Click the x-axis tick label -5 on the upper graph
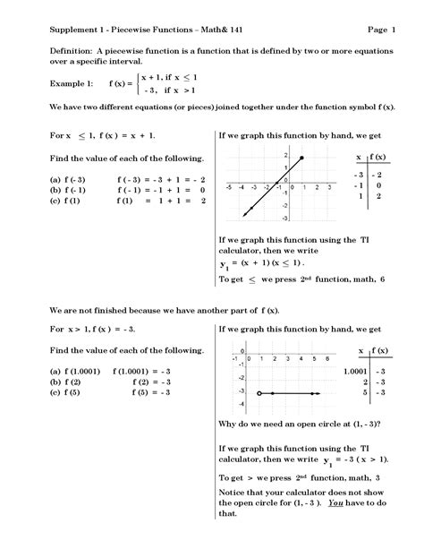click(229, 187)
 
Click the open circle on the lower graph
click(259, 392)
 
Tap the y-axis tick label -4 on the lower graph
click(241, 405)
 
